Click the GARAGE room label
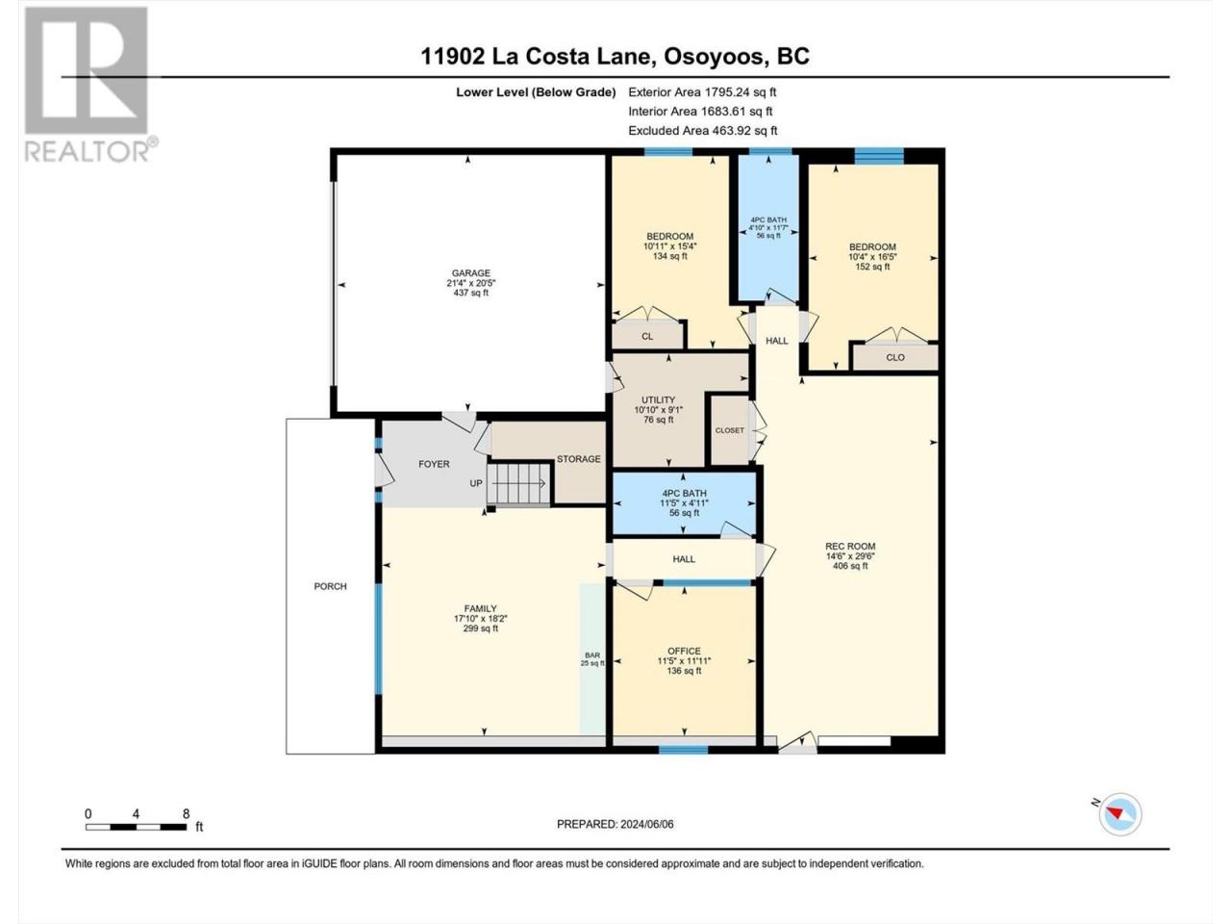point(470,273)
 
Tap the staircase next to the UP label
point(517,484)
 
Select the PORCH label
point(330,586)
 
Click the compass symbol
point(1120,814)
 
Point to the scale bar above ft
point(136,827)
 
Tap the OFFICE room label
point(684,651)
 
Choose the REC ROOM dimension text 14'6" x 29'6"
point(850,556)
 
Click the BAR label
point(592,655)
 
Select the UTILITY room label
point(659,400)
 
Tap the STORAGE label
point(578,459)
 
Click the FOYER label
point(434,464)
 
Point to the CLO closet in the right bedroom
point(895,357)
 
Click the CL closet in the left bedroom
point(647,336)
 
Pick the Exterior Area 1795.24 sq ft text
point(702,92)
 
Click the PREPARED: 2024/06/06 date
point(615,824)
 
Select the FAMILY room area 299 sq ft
point(481,629)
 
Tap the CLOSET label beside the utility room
point(730,430)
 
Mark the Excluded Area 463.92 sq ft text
point(703,131)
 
